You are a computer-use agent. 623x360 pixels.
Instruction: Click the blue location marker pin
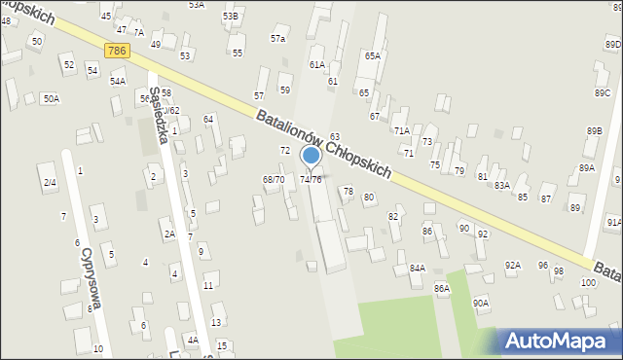(311, 156)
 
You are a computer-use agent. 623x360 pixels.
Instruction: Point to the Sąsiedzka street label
(160, 121)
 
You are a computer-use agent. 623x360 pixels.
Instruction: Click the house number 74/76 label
(311, 180)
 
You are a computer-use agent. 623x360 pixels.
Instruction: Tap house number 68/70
(274, 179)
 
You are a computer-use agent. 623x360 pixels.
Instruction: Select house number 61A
(316, 64)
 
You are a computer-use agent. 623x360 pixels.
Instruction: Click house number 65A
(372, 55)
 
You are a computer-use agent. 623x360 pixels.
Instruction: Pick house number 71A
(400, 130)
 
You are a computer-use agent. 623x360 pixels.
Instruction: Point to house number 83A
(501, 185)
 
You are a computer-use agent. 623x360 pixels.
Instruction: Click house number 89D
(612, 44)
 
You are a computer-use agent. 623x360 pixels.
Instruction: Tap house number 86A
(442, 288)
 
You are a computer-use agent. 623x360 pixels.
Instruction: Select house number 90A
(481, 303)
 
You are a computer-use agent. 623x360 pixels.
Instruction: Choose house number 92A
(512, 265)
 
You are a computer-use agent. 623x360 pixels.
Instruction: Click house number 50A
(51, 98)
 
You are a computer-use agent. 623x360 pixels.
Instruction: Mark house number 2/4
(49, 182)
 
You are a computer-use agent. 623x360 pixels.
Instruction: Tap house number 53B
(230, 17)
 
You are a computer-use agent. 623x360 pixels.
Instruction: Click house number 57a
(278, 39)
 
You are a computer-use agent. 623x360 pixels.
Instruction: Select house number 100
(587, 282)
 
